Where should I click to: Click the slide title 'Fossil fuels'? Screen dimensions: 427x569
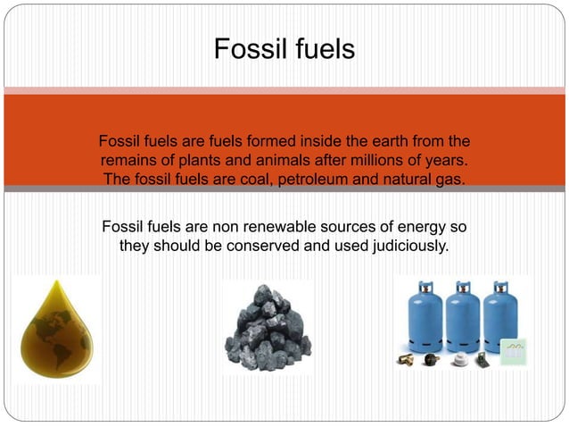[284, 48]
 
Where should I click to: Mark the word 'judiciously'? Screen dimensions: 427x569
[401, 245]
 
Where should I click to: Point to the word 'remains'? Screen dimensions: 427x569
[129, 161]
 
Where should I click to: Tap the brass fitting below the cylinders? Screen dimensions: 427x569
[409, 359]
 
